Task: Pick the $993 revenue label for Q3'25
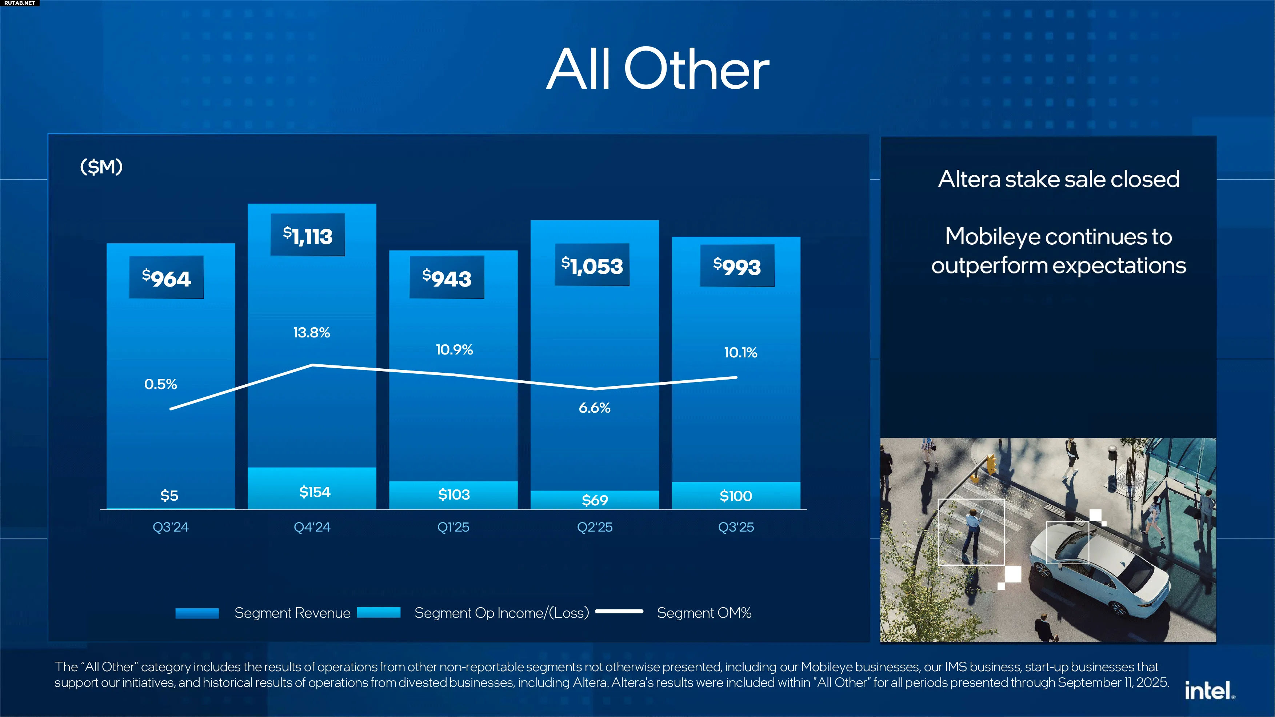pyautogui.click(x=737, y=266)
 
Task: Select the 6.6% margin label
pyautogui.click(x=595, y=408)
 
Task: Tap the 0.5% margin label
pyautogui.click(x=160, y=384)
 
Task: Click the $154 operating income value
pyautogui.click(x=315, y=492)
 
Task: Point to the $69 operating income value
pyautogui.click(x=595, y=500)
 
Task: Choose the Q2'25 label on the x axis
pyautogui.click(x=595, y=527)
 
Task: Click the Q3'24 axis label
pyautogui.click(x=170, y=527)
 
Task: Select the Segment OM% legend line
pyautogui.click(x=619, y=612)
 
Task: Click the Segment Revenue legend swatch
pyautogui.click(x=197, y=613)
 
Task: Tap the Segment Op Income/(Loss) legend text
pyautogui.click(x=501, y=613)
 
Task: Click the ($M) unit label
pyautogui.click(x=101, y=167)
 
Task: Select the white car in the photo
pyautogui.click(x=1099, y=569)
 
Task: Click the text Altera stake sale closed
pyautogui.click(x=1059, y=179)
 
